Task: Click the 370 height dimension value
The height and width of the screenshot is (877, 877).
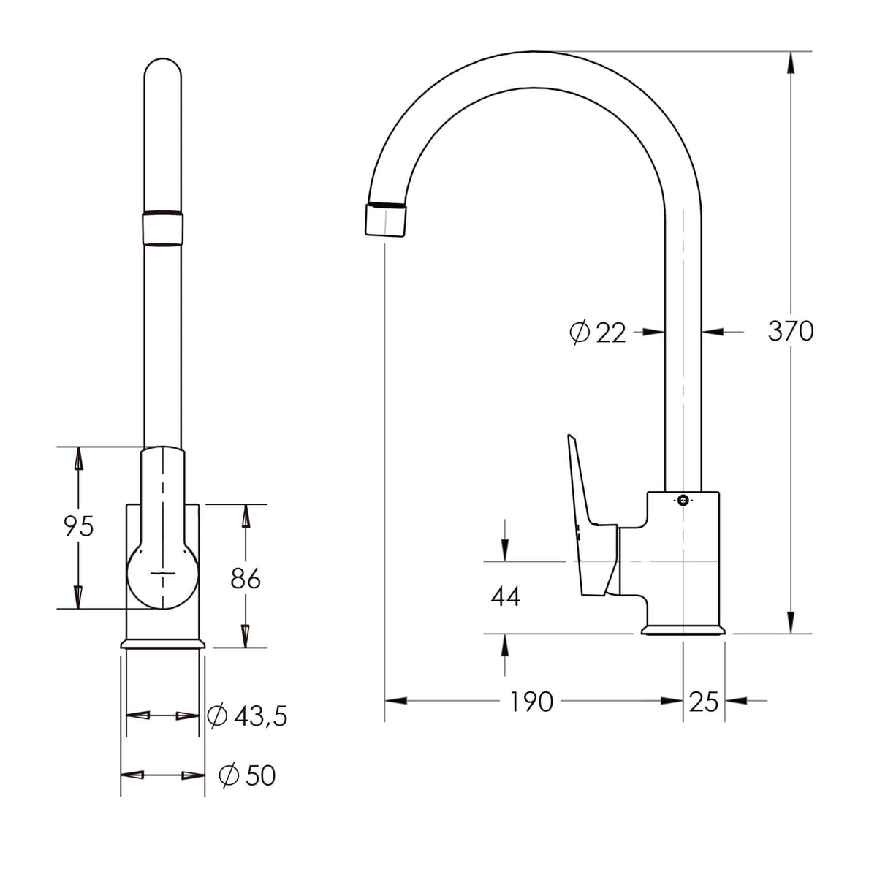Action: pyautogui.click(x=791, y=331)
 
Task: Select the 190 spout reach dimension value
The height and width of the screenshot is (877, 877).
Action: pyautogui.click(x=531, y=702)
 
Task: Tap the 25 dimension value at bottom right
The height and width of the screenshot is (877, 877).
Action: pyautogui.click(x=704, y=702)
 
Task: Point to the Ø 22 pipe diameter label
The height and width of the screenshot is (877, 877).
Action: pyautogui.click(x=598, y=333)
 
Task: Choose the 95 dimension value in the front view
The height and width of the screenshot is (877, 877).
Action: pyautogui.click(x=79, y=526)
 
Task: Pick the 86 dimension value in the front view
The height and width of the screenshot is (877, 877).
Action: pyautogui.click(x=246, y=578)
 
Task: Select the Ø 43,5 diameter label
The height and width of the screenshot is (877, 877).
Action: pyautogui.click(x=247, y=716)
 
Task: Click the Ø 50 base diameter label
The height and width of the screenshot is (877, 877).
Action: pyautogui.click(x=247, y=775)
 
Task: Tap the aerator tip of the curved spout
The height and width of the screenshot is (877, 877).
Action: pyautogui.click(x=385, y=220)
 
